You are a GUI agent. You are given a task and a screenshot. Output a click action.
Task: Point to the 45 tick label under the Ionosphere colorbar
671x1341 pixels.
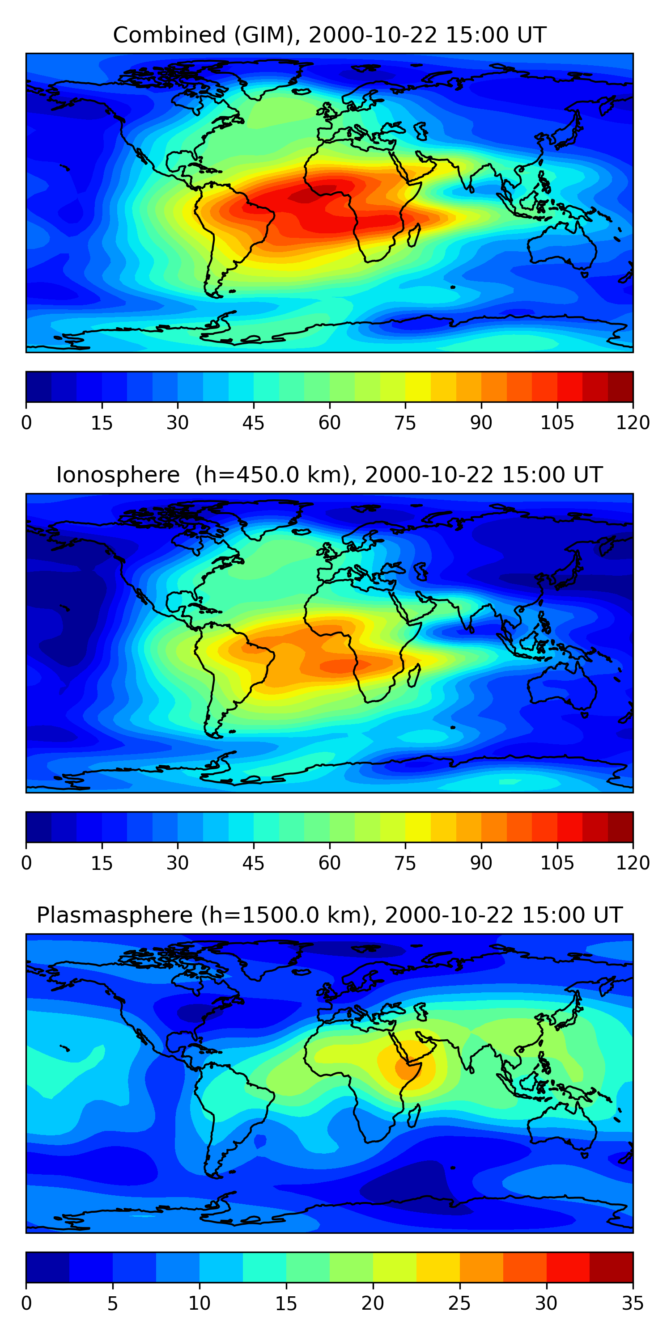[253, 863]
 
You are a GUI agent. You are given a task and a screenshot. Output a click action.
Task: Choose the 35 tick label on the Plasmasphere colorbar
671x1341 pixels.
[633, 1303]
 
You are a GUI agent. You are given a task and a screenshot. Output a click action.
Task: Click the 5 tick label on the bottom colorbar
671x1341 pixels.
[113, 1303]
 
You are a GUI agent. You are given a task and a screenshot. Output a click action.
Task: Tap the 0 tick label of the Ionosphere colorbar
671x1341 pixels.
[26, 863]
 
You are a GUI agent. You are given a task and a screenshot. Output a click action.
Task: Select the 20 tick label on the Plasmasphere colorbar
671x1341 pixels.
[373, 1303]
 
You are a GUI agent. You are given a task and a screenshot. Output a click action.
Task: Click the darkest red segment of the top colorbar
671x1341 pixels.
[620, 387]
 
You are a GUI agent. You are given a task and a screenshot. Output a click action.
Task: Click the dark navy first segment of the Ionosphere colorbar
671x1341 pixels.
[38, 827]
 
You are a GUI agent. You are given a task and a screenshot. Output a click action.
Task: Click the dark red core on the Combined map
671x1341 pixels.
[308, 195]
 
